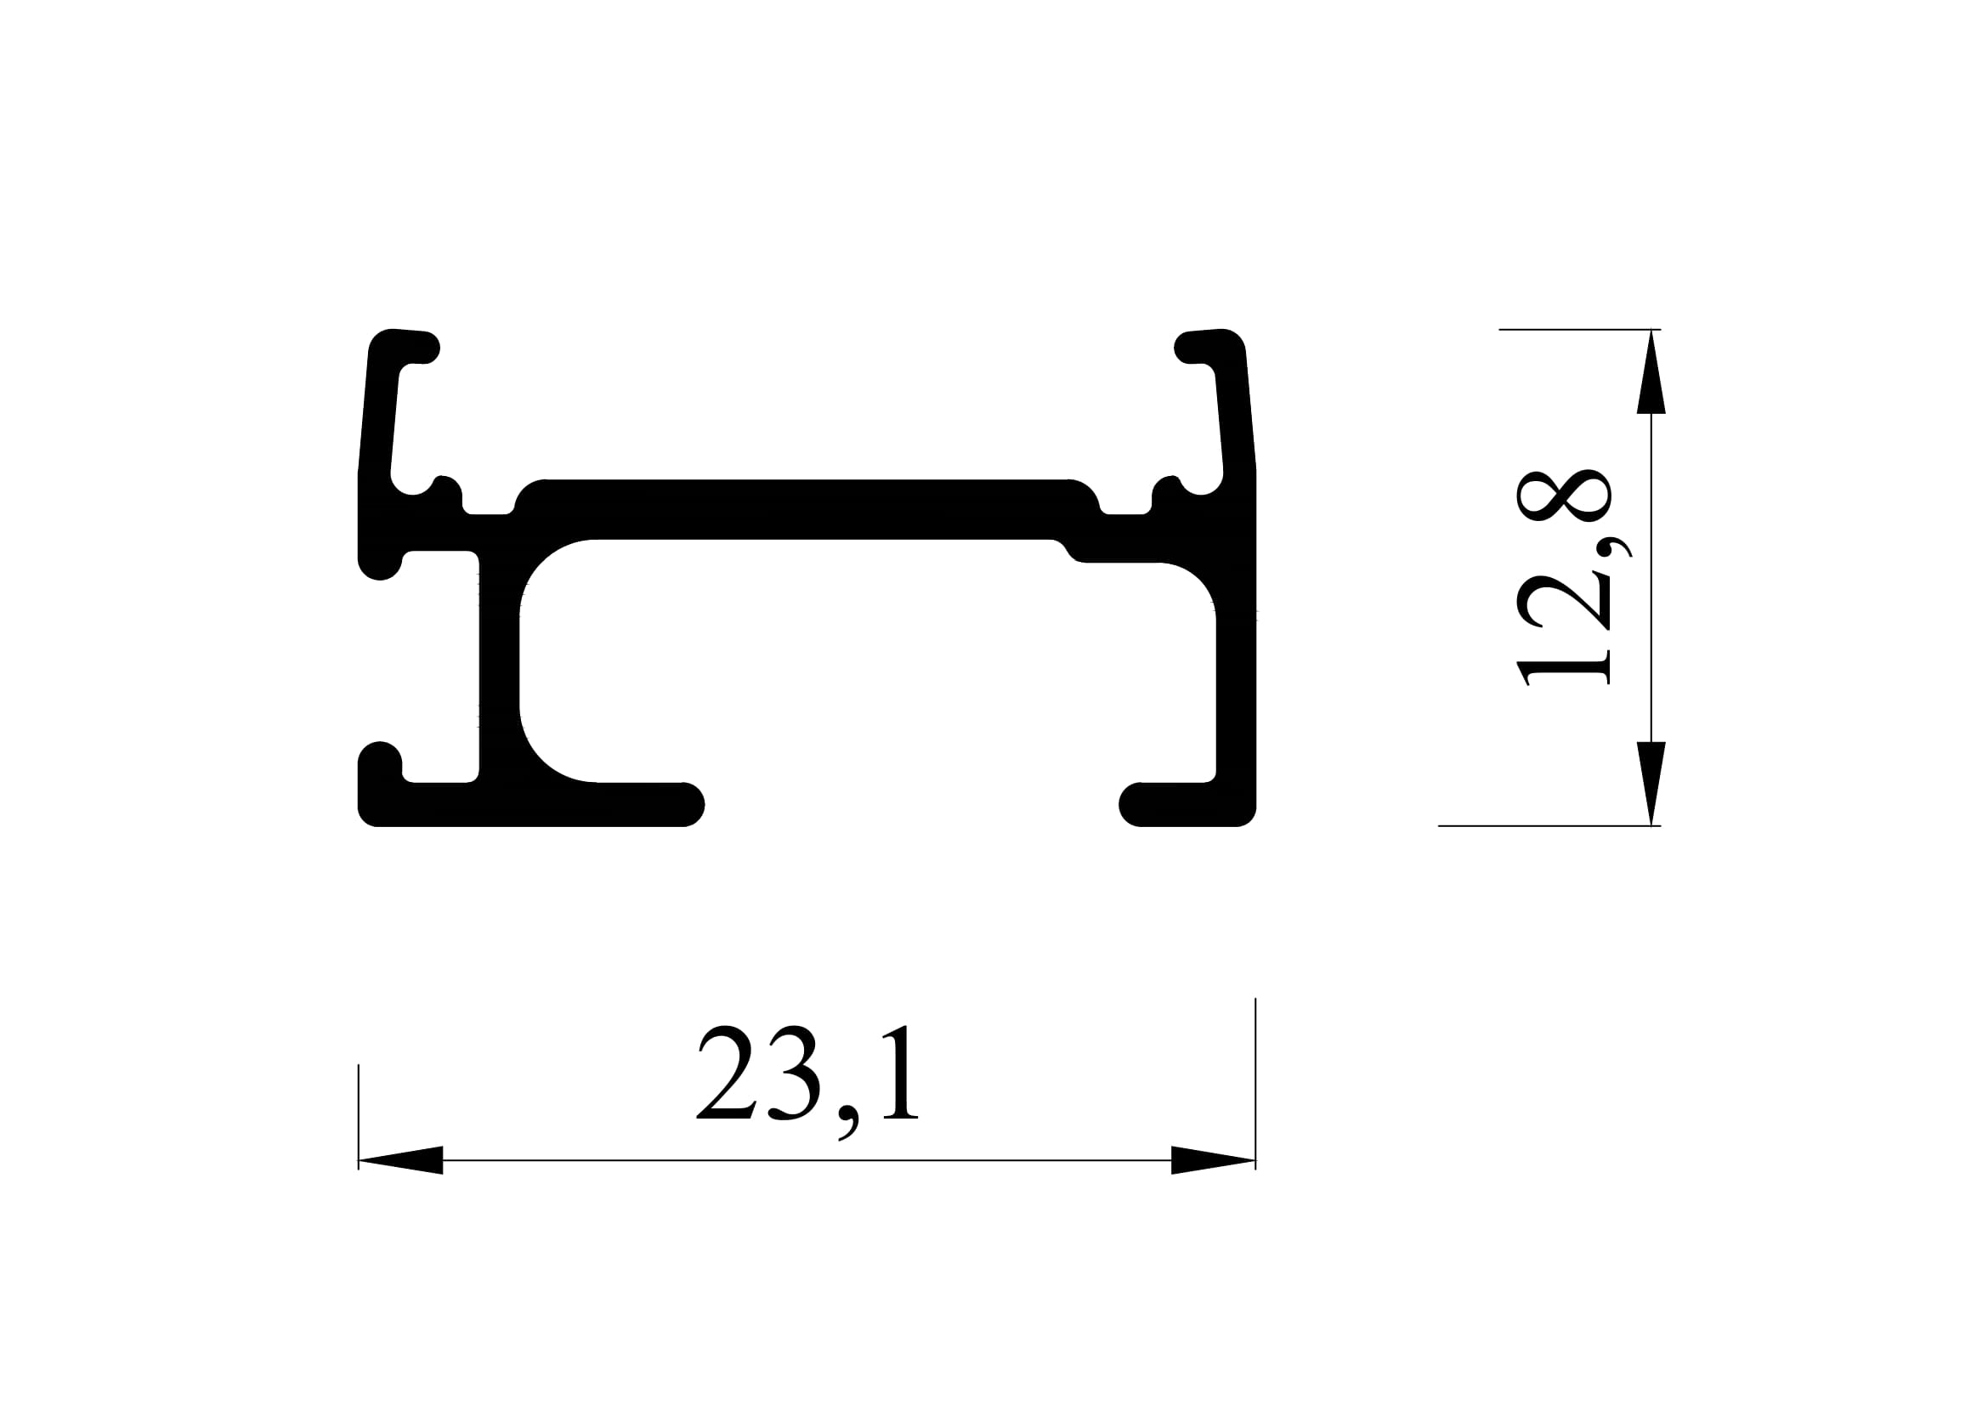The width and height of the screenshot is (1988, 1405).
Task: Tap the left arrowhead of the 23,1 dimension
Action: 400,1160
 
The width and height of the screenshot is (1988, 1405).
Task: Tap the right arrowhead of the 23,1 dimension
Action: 1213,1160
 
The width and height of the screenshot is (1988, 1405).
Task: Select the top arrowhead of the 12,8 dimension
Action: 1651,371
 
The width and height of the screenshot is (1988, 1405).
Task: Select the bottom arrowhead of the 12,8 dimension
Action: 1651,784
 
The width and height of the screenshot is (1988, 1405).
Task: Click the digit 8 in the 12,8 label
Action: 1564,496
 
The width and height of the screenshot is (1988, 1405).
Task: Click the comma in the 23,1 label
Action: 848,1123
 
